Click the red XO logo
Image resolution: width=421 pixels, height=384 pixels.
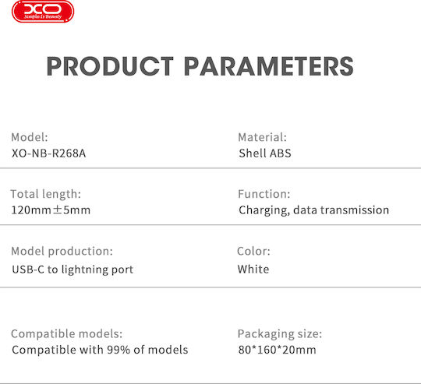tap(43, 11)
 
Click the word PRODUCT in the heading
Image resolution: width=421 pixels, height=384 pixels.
tap(110, 66)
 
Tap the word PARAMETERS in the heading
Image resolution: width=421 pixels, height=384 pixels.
tap(269, 66)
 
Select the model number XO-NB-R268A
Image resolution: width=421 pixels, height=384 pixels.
tap(49, 153)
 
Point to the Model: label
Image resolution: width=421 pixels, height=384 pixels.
tap(30, 137)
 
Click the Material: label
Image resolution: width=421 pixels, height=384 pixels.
tap(262, 137)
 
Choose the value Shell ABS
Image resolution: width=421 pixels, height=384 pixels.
tap(265, 153)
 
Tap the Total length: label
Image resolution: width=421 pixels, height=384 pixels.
tap(46, 194)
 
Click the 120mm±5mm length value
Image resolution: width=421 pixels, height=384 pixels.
tap(51, 210)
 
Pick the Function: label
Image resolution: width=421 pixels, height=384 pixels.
tap(264, 194)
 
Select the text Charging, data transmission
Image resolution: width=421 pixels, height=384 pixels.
tap(314, 210)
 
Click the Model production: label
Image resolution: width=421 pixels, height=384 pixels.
tap(62, 252)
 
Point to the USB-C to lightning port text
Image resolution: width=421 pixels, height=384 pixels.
tap(73, 270)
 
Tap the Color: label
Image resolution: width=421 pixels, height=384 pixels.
tap(253, 252)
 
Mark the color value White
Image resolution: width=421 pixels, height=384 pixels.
tap(253, 270)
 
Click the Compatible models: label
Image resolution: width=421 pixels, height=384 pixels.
tap(67, 334)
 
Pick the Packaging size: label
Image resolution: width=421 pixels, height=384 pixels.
tap(280, 334)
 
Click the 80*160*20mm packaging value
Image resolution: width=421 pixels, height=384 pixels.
tap(277, 350)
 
